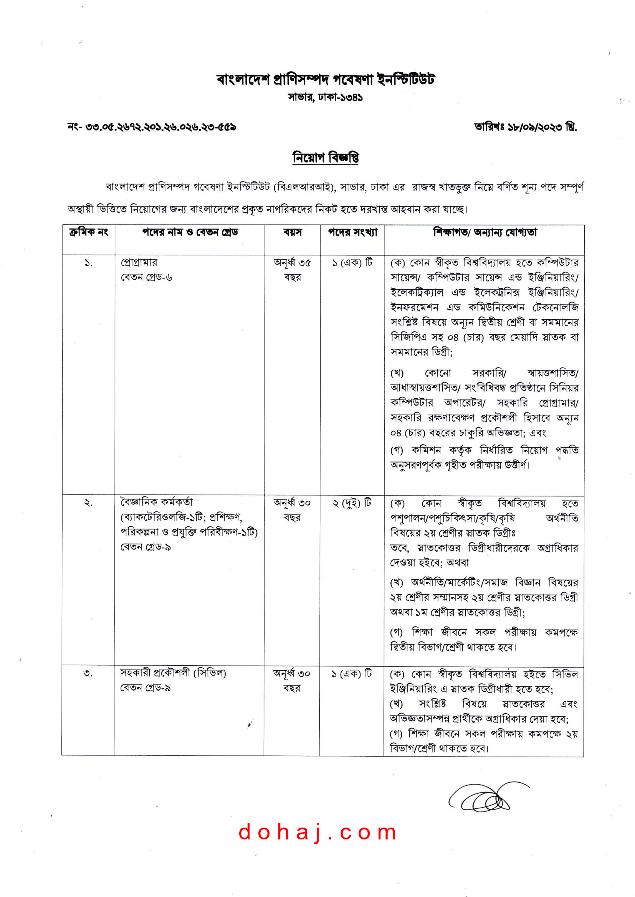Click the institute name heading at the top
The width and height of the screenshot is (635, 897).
coord(325,80)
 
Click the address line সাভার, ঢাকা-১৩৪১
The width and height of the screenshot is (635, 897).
coord(325,97)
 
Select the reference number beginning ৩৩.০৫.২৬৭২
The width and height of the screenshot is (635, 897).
coord(160,127)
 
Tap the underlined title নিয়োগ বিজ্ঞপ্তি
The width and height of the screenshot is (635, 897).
coord(325,158)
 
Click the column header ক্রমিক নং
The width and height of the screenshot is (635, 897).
coord(89,232)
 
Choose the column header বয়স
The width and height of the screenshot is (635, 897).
coord(293,232)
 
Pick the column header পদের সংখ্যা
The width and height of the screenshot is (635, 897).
coord(353,232)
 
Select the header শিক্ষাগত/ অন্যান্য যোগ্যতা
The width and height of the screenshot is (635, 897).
coord(485,232)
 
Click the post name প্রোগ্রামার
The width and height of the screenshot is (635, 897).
coord(139,262)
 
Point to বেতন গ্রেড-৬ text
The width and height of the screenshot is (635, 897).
coord(146,277)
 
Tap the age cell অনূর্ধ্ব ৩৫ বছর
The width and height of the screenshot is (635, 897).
coord(293,270)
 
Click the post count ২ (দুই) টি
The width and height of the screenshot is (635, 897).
coord(352,503)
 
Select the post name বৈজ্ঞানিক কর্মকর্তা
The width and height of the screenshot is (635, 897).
coord(156,502)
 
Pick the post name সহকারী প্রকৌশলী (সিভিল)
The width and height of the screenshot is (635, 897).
coord(173,673)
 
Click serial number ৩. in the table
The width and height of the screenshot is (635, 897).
coord(88,674)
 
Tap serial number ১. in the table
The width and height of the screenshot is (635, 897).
coord(89,263)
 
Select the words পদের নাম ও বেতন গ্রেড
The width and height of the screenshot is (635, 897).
coord(190,232)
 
